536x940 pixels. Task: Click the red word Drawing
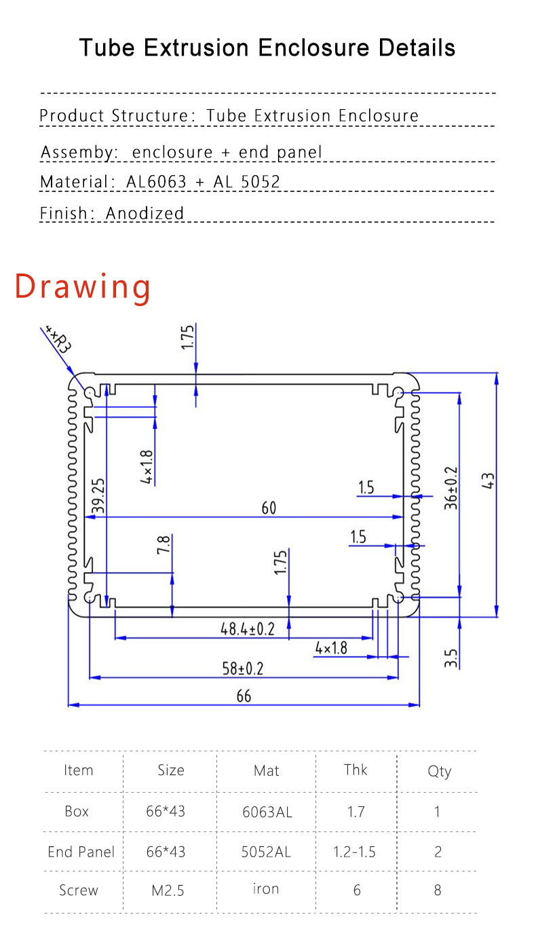83,286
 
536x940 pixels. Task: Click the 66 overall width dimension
244,696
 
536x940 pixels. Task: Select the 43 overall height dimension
489,481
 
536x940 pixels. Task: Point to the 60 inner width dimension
269,508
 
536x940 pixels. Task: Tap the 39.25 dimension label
99,495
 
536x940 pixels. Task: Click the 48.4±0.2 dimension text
248,629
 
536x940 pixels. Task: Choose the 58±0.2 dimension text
242,669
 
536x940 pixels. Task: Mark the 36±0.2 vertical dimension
451,487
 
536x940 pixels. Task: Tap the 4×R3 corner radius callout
58,338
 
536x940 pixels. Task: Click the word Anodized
145,213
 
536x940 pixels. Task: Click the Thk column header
356,769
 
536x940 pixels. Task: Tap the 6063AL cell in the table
267,812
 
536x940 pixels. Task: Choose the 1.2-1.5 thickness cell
355,852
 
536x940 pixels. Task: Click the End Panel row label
81,852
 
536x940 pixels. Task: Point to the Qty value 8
437,890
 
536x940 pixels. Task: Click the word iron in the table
266,889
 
